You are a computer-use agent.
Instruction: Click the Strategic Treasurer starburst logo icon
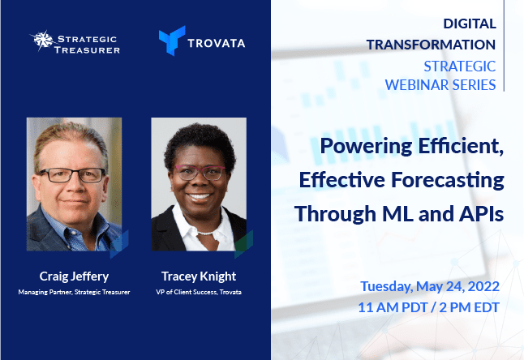pos(43,40)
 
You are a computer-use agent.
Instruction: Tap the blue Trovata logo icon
pos(172,41)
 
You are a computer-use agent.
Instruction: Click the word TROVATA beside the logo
pos(217,44)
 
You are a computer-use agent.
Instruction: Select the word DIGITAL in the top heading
pos(470,24)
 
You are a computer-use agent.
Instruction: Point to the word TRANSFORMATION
pos(431,45)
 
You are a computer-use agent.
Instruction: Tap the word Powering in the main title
pos(367,147)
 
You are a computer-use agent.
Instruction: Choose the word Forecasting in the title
pos(448,180)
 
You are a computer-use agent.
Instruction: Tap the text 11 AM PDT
pos(393,307)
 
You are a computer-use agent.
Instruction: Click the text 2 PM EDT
pos(469,307)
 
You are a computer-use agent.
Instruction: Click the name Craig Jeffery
pos(74,276)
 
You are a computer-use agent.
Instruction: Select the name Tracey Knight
pos(199,276)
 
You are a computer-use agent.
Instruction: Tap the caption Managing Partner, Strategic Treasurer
pos(74,292)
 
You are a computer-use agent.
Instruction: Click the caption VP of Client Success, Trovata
pos(199,292)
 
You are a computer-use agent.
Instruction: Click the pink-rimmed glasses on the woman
pos(200,172)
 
